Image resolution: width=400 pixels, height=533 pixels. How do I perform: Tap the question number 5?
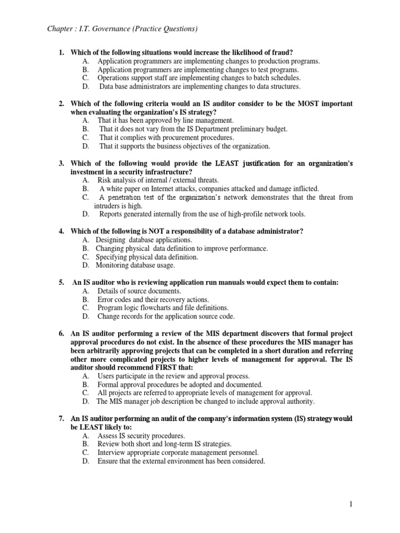61,282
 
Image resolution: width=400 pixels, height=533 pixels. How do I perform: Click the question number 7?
61,418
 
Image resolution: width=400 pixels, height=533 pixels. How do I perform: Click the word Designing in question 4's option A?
111,240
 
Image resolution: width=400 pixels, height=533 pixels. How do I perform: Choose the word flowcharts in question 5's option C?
162,308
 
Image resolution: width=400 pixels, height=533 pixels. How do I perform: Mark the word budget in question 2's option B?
275,129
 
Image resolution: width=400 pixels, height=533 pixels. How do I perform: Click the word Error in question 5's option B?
106,299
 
